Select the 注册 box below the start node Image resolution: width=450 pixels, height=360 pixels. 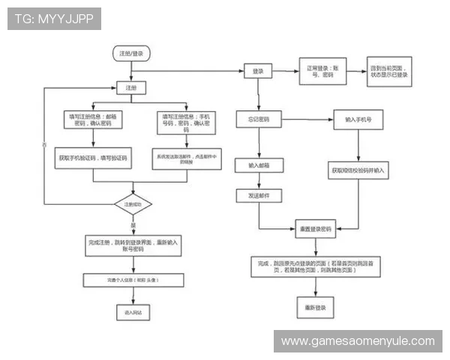pyautogui.click(x=130, y=88)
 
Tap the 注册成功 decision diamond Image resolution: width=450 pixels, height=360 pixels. pyautogui.click(x=133, y=203)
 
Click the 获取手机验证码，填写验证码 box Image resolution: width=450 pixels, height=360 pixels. pyautogui.click(x=92, y=159)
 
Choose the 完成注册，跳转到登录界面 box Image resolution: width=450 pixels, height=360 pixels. pyautogui.click(x=133, y=245)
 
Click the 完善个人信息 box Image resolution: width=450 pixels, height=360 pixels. pyautogui.click(x=133, y=280)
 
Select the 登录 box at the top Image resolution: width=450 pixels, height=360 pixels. pyautogui.click(x=258, y=70)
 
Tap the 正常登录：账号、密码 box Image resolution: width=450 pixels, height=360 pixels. pyautogui.click(x=322, y=70)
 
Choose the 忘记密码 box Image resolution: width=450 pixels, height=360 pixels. pyautogui.click(x=258, y=119)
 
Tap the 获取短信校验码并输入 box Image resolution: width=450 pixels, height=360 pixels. pyautogui.click(x=357, y=171)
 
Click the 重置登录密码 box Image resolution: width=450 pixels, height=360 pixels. pyautogui.click(x=316, y=229)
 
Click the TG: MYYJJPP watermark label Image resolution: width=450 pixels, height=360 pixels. pyautogui.click(x=54, y=19)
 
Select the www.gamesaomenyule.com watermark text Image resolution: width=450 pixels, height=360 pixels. pyautogui.click(x=357, y=341)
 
